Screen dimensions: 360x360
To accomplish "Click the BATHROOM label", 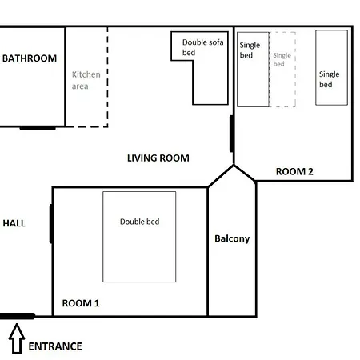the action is pos(30,58).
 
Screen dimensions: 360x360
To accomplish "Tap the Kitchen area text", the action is pos(86,80).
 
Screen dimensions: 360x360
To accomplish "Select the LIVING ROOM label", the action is pos(158,158).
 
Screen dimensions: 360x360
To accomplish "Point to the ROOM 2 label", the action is pos(294,171).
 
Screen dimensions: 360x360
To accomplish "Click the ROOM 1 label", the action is pos(81,303).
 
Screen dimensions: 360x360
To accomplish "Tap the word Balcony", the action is pos(232,238).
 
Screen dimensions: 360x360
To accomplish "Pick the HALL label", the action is pos(14,223).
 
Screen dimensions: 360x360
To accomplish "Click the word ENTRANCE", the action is pos(55,346).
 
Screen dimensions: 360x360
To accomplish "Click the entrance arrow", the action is pos(17,338).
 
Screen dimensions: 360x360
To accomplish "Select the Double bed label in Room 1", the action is pos(139,222).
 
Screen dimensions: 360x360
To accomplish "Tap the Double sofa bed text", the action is pos(202,47).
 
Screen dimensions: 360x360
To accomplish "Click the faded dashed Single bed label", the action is pos(282,59).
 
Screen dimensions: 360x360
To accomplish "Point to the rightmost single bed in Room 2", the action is pos(331,67).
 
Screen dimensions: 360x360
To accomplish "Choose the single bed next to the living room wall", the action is pos(253,70).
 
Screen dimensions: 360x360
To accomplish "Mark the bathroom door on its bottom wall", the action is pos(38,128).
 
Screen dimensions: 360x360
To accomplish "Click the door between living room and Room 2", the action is pos(232,134).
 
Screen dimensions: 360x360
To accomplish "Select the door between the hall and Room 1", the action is pos(51,223).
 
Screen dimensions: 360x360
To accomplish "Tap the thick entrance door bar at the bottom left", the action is pos(18,316).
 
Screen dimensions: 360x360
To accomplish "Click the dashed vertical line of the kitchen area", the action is pos(107,77).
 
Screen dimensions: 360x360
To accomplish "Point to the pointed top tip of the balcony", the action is pos(234,166).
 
